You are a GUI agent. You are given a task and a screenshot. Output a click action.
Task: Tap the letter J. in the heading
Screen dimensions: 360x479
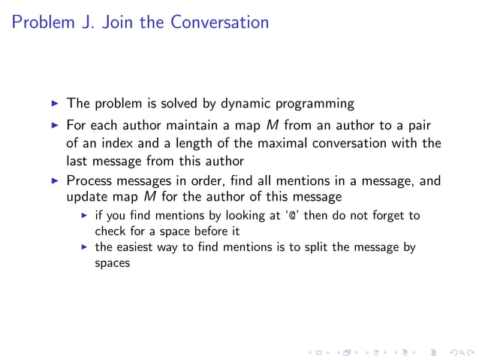click(x=93, y=22)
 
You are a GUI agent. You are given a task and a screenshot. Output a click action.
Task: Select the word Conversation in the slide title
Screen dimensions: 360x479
click(x=219, y=22)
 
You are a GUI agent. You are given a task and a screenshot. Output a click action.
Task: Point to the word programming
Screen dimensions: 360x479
click(x=317, y=104)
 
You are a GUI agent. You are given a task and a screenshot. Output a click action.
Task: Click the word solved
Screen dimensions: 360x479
click(x=180, y=103)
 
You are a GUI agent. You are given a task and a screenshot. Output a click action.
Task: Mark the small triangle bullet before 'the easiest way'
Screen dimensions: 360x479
click(x=85, y=247)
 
